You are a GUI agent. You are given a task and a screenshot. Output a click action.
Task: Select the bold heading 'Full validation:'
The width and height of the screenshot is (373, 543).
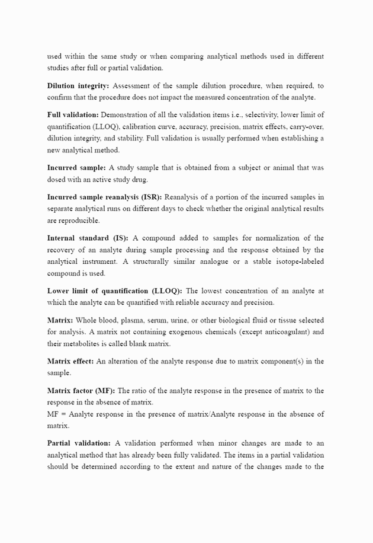73,114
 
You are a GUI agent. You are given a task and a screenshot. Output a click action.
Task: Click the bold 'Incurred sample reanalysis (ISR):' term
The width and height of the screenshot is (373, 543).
104,197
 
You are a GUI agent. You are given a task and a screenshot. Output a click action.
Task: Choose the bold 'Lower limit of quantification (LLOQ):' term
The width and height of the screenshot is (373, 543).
115,291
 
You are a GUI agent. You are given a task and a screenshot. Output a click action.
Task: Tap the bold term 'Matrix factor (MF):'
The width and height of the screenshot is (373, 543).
81,391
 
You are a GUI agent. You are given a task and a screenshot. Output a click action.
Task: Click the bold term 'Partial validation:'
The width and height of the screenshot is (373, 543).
79,443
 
